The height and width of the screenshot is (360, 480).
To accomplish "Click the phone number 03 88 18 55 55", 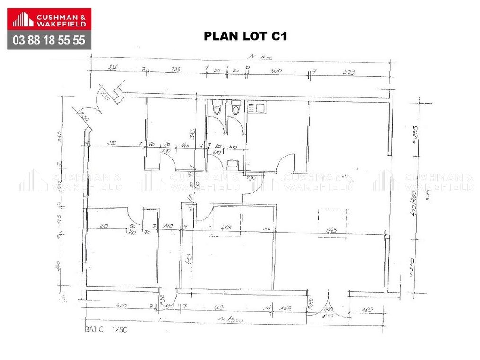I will click(x=49, y=41).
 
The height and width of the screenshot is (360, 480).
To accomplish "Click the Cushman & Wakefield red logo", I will click(x=49, y=20).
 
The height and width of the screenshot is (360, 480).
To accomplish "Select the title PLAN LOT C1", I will click(x=245, y=36).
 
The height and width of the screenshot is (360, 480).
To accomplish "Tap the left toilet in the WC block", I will click(x=217, y=108).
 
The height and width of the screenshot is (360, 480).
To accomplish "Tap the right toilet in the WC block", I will click(x=235, y=108).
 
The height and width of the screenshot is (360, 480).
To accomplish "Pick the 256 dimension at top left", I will click(x=113, y=68).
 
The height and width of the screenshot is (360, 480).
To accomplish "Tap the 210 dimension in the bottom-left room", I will click(x=105, y=226).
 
